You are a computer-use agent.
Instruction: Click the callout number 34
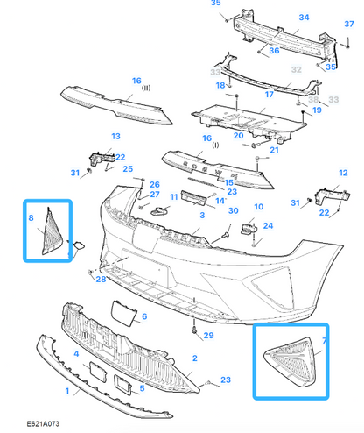tap(304, 18)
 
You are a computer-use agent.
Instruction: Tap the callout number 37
tap(349, 24)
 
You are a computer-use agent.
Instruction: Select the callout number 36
tap(274, 51)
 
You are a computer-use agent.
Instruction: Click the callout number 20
tap(238, 136)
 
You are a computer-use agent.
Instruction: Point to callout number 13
tap(115, 137)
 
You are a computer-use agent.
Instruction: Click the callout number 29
tap(208, 336)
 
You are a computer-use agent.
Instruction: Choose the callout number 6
tap(144, 316)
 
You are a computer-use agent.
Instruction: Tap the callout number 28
tap(101, 280)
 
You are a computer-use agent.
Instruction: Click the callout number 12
tap(343, 173)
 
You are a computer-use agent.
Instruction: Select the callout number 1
tap(67, 391)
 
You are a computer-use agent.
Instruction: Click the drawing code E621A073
tap(43, 423)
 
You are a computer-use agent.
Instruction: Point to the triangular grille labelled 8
tap(52, 232)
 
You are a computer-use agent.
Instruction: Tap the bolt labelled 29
tap(194, 330)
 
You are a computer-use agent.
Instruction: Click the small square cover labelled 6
tap(123, 312)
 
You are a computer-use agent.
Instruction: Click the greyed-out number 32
tap(296, 70)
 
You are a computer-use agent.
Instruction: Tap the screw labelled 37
tap(347, 43)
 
